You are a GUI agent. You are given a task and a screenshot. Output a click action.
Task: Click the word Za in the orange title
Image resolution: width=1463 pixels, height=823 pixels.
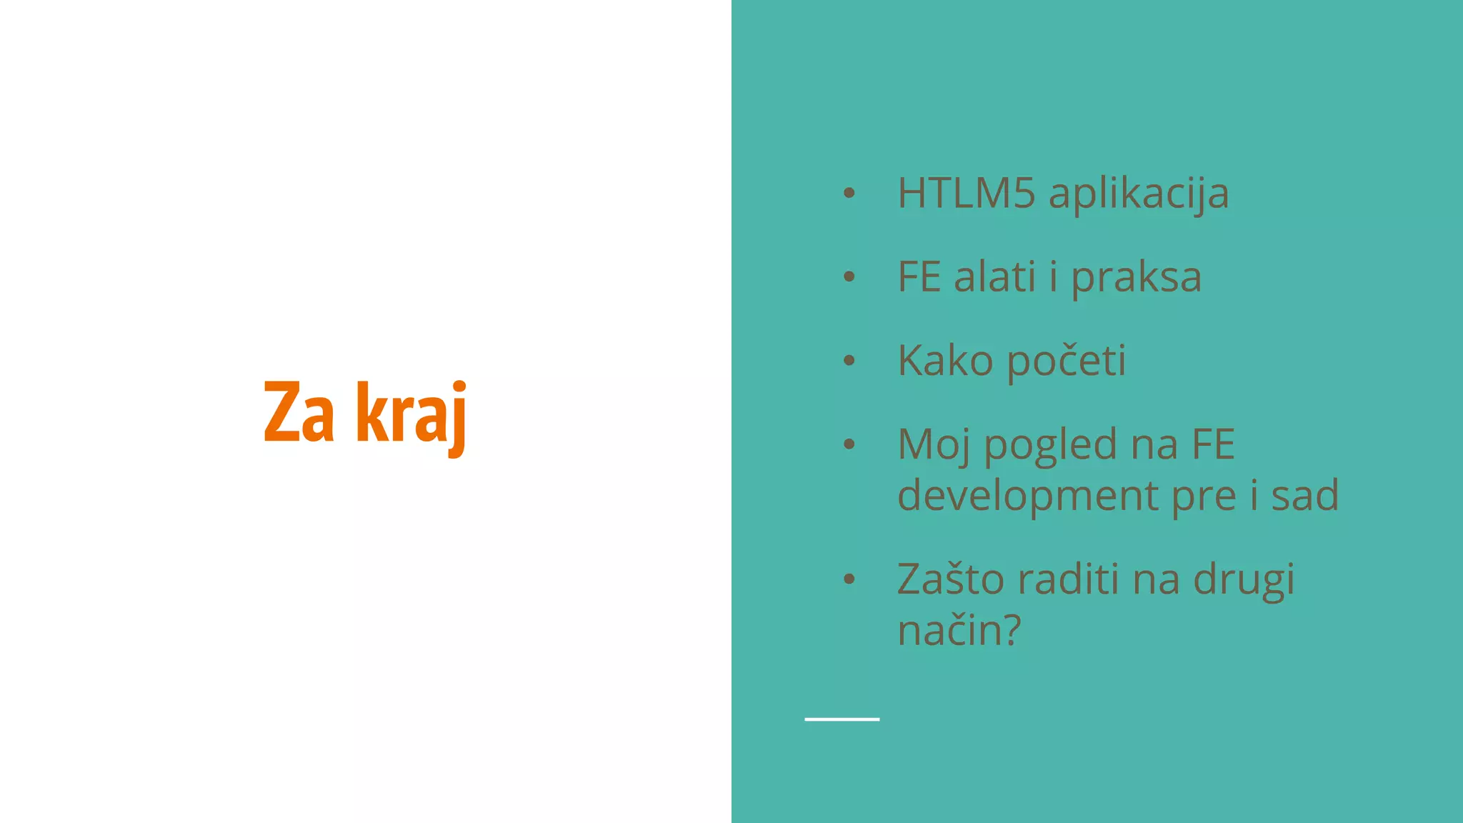299,413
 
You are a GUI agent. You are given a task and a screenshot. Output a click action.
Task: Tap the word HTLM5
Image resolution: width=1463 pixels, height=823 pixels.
966,193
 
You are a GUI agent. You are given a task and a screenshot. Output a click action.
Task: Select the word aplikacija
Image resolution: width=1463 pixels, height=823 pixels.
1139,194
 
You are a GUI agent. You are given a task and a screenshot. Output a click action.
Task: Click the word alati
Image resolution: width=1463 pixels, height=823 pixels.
994,277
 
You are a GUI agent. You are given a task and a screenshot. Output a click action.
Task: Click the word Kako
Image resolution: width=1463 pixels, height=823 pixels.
945,361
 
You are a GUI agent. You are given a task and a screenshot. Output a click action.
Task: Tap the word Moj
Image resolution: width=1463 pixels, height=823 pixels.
934,445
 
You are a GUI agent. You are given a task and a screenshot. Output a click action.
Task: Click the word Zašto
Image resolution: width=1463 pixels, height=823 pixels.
950,579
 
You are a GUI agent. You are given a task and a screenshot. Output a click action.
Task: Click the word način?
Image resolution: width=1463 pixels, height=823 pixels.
959,631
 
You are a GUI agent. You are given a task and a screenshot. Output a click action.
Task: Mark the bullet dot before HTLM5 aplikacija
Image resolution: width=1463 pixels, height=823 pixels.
849,192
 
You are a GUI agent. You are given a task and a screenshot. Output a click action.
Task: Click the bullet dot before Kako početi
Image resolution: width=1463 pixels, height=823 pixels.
849,360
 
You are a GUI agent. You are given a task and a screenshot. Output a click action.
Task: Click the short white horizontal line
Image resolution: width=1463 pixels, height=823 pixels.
842,719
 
